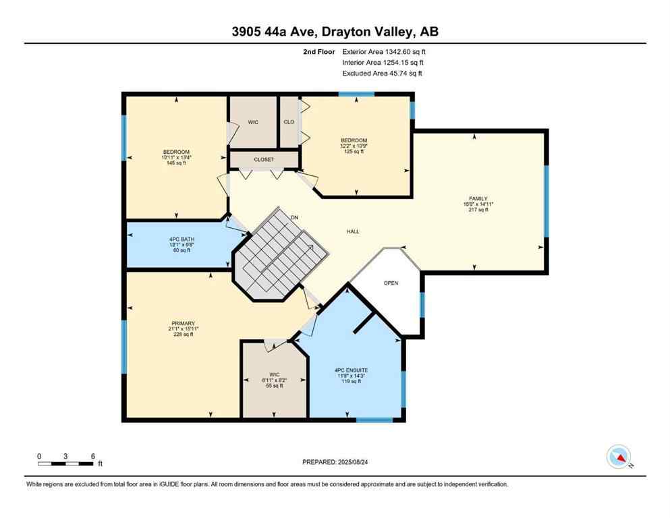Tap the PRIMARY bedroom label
[183, 322]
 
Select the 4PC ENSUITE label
[351, 370]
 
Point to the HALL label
[353, 231]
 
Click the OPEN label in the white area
[391, 283]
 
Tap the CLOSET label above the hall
[264, 160]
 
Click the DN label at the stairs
[294, 217]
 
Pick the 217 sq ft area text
[478, 210]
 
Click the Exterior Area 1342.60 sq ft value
[384, 51]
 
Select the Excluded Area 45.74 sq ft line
[382, 74]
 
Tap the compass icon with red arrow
[619, 457]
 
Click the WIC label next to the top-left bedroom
[253, 122]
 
